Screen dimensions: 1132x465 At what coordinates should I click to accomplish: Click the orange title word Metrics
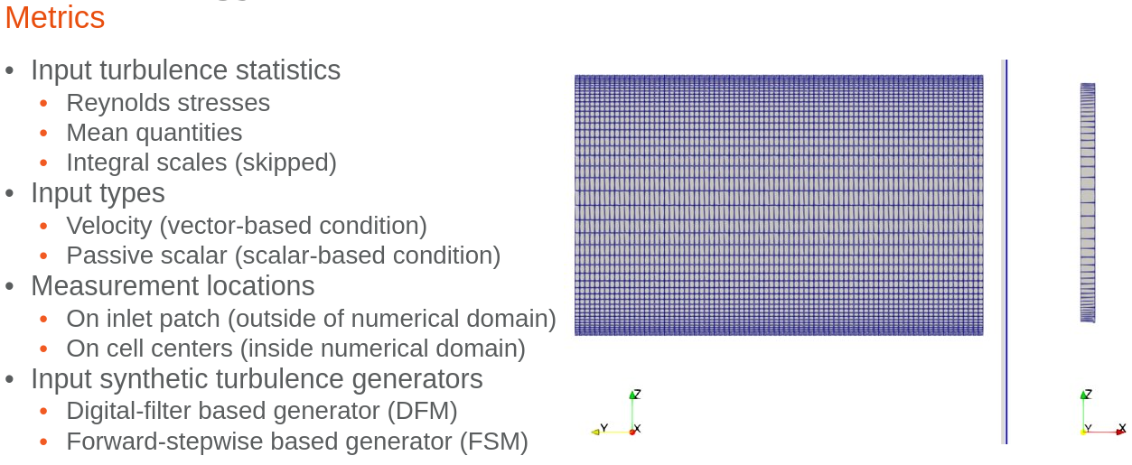tap(54, 18)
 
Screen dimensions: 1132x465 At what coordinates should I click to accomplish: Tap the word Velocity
tap(108, 226)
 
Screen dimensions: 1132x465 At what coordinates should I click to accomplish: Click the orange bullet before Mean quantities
tap(44, 134)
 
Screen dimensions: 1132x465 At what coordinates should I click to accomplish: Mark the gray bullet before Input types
tap(10, 194)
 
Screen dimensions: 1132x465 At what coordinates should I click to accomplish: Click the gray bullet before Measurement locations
tap(10, 287)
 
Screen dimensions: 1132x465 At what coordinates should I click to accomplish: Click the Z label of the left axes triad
tap(637, 394)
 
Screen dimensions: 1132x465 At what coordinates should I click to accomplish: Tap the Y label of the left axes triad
tap(603, 428)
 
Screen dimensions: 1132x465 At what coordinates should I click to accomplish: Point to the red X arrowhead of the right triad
tap(1120, 432)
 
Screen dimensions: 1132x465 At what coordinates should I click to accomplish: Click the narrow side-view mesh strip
tap(1088, 202)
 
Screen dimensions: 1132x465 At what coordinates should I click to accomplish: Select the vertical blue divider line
tap(1006, 252)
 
